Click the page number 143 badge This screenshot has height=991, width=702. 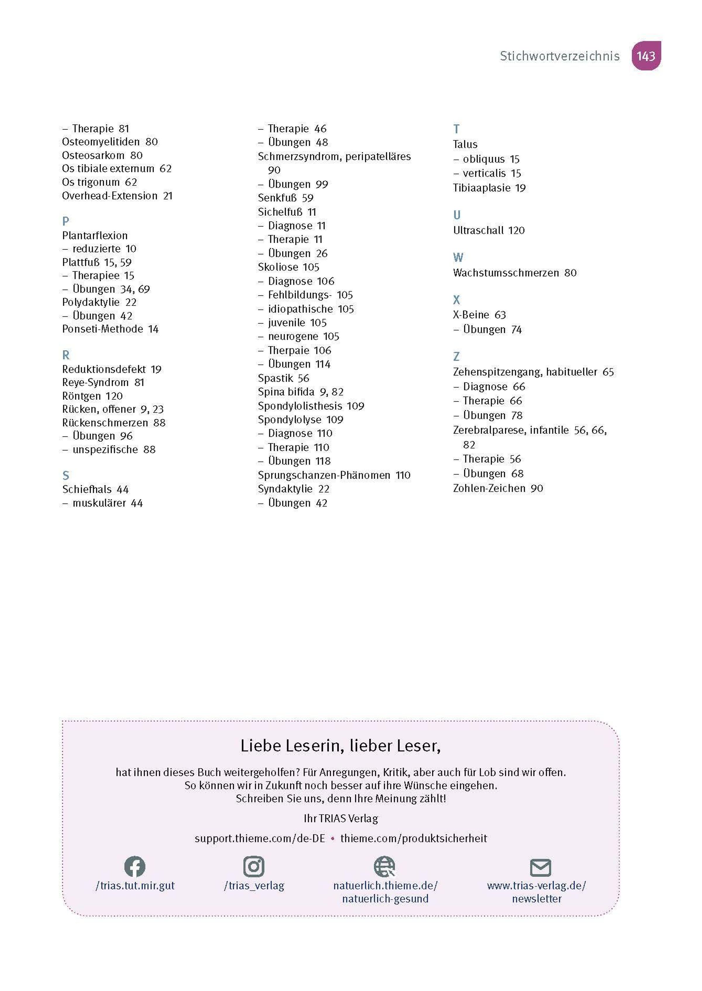pyautogui.click(x=646, y=56)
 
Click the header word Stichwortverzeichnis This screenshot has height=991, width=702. pyautogui.click(x=559, y=56)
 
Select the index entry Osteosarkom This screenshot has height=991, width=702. pyautogui.click(x=93, y=155)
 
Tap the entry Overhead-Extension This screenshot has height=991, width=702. pyautogui.click(x=110, y=196)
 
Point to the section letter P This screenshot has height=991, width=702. pyautogui.click(x=66, y=221)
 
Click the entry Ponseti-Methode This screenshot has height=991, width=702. pyautogui.click(x=102, y=329)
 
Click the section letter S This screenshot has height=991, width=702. pyautogui.click(x=66, y=476)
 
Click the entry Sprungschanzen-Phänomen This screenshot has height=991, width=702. pyautogui.click(x=324, y=475)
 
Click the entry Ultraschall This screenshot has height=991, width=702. pyautogui.click(x=478, y=230)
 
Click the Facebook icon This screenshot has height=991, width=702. pyautogui.click(x=135, y=866)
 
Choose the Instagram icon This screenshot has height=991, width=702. pyautogui.click(x=254, y=866)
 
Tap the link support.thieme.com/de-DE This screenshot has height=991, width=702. pyautogui.click(x=260, y=838)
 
